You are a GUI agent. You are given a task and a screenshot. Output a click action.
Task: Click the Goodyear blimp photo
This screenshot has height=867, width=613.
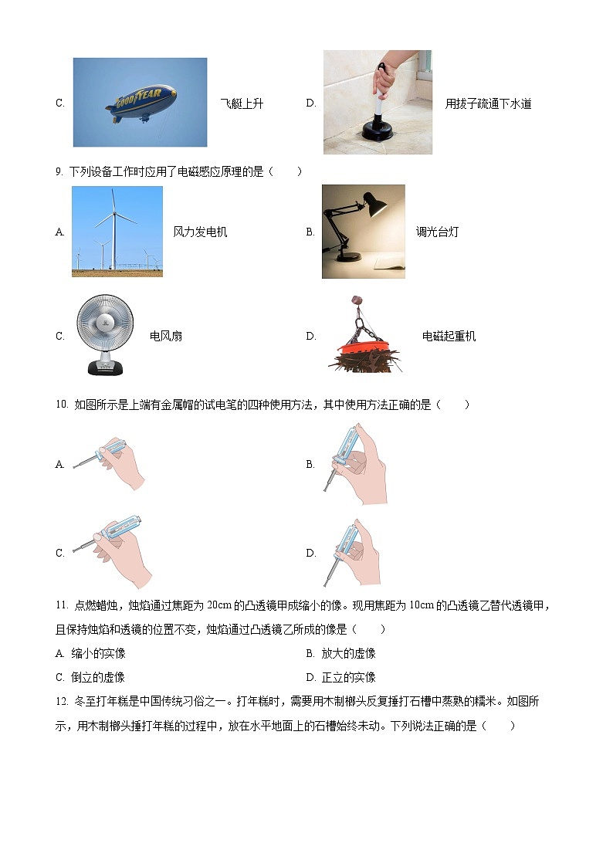click(141, 102)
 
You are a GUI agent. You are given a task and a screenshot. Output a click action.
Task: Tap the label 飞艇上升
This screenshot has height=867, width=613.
click(242, 103)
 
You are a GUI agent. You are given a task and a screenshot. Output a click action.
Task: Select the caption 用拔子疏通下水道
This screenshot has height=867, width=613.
click(488, 103)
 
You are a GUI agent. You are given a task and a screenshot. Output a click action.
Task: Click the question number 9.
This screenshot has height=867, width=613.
click(59, 171)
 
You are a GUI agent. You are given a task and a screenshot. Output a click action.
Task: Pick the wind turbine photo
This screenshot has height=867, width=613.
click(117, 231)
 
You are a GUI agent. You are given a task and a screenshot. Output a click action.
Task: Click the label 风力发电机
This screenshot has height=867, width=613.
click(200, 232)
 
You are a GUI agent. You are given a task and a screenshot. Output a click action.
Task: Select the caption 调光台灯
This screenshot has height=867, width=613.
click(437, 232)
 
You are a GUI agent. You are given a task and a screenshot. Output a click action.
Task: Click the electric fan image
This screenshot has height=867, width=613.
click(105, 336)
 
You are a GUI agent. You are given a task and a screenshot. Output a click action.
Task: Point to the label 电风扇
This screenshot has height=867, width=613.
click(166, 336)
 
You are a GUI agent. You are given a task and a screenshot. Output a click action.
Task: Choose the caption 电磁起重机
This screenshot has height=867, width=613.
click(449, 336)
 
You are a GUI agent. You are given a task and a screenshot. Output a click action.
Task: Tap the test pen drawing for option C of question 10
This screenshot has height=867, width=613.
click(113, 550)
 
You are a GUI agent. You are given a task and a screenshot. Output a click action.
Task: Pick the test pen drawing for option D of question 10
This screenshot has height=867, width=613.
click(351, 551)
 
